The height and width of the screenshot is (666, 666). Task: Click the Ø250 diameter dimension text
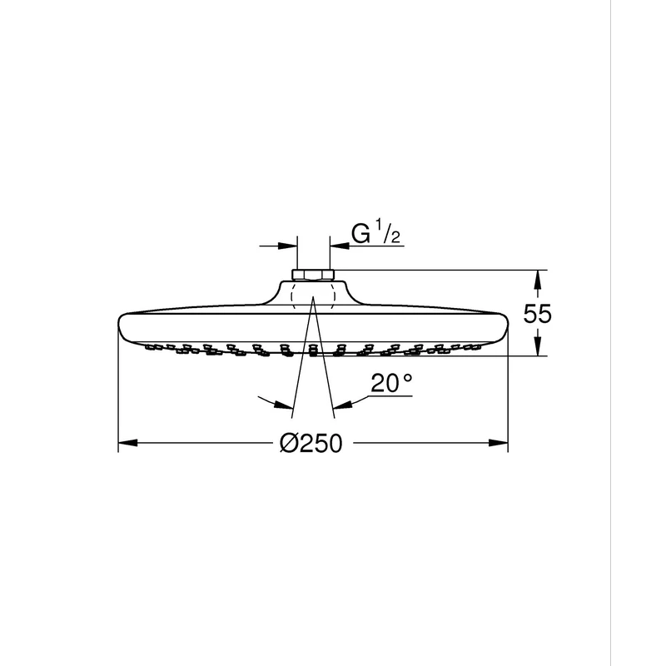[x=311, y=444]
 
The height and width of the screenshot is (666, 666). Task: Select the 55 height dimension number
[x=537, y=314]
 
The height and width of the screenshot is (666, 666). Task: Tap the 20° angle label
[x=391, y=383]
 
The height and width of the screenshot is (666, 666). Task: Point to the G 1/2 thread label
[x=376, y=234]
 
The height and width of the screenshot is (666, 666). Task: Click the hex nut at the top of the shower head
[x=314, y=275]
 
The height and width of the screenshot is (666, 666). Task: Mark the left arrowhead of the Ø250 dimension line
[x=128, y=443]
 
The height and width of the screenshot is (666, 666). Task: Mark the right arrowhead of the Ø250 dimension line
[x=498, y=443]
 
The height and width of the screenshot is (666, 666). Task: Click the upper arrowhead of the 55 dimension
[x=537, y=280]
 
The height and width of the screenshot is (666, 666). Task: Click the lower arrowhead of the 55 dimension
[x=537, y=345]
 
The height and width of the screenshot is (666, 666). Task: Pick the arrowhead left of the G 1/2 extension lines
[x=287, y=246]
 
